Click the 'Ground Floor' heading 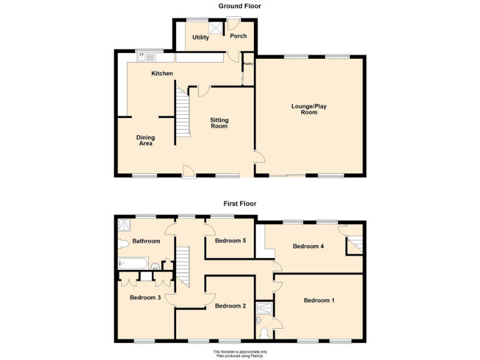239,6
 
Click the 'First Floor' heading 239,204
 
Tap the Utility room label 201,37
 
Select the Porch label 238,36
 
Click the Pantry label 248,63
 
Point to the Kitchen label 162,74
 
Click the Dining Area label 146,141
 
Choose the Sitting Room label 219,123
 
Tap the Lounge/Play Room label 309,109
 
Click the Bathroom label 146,241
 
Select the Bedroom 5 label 230,241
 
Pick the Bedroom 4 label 308,246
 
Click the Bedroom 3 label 146,297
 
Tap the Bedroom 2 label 230,306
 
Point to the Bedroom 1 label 319,301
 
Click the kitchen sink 146,57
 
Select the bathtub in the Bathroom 133,263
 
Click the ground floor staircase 182,112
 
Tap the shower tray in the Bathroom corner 125,223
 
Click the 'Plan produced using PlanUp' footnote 240,356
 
